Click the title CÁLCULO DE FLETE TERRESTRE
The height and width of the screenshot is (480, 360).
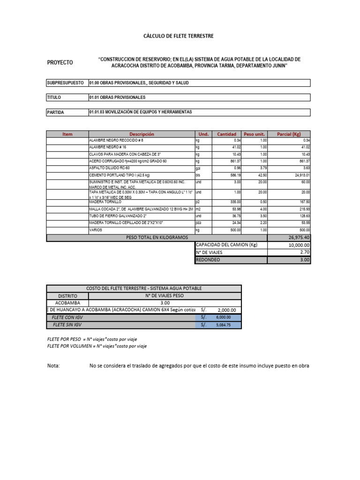(178, 36)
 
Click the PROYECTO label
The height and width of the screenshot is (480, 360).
(60, 62)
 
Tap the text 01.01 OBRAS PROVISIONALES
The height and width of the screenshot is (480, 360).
(117, 97)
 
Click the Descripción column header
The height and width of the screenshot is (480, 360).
(142, 134)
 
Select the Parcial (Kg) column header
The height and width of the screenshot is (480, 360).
(291, 134)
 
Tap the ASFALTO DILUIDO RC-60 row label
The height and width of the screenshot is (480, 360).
(109, 168)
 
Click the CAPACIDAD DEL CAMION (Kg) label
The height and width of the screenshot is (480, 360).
(227, 245)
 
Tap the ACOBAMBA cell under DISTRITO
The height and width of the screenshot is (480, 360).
(67, 303)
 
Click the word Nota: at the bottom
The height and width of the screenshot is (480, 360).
(53, 366)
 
